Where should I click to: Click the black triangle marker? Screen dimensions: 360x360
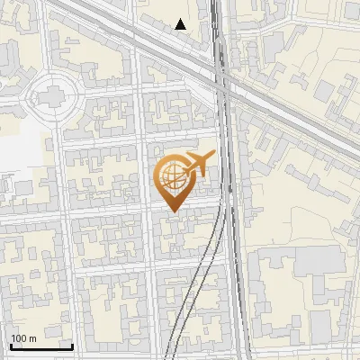click(x=181, y=24)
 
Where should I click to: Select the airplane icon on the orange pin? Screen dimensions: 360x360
click(x=197, y=165)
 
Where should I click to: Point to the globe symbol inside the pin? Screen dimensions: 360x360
click(x=172, y=178)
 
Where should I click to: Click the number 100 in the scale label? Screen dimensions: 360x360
click(x=20, y=338)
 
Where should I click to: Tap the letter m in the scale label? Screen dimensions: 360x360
click(x=32, y=338)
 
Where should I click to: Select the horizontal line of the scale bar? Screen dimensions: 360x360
click(x=41, y=346)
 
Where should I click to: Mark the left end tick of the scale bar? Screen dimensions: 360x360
click(x=11, y=345)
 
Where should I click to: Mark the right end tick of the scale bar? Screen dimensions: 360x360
click(x=72, y=345)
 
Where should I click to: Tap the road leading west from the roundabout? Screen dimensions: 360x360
click(x=13, y=95)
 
